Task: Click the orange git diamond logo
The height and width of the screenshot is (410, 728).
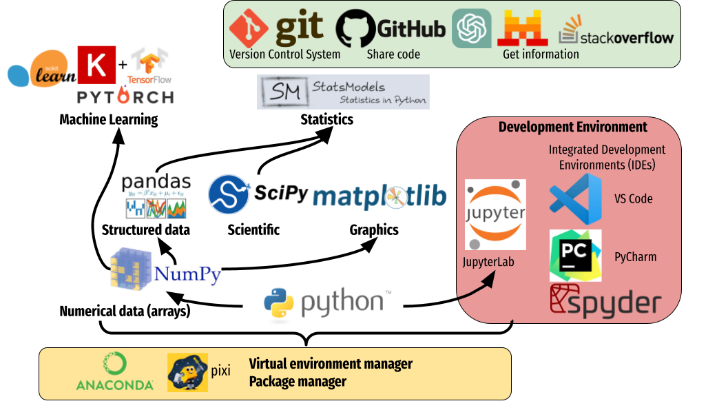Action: (x=249, y=28)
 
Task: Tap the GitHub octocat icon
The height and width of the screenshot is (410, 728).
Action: (x=355, y=28)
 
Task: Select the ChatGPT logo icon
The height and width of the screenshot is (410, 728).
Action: (x=472, y=28)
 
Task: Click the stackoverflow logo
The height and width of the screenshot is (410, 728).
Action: (x=616, y=32)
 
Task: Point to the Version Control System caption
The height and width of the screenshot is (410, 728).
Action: (x=284, y=54)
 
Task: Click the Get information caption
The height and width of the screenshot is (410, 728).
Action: (x=541, y=54)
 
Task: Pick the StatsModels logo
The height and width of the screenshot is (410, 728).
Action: (x=343, y=92)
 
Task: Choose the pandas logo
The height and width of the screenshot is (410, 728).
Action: (x=156, y=196)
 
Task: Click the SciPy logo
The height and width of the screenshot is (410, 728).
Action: (x=258, y=194)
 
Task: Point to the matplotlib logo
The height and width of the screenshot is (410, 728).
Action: (x=382, y=197)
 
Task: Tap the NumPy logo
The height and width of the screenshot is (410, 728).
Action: (x=165, y=269)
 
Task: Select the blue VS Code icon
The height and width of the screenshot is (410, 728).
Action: (x=575, y=199)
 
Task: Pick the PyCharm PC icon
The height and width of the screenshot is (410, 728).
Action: (x=575, y=256)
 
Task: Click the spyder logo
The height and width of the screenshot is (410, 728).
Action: (x=605, y=301)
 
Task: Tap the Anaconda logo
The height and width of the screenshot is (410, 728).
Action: (x=114, y=372)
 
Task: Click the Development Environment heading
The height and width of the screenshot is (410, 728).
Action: (x=572, y=127)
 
